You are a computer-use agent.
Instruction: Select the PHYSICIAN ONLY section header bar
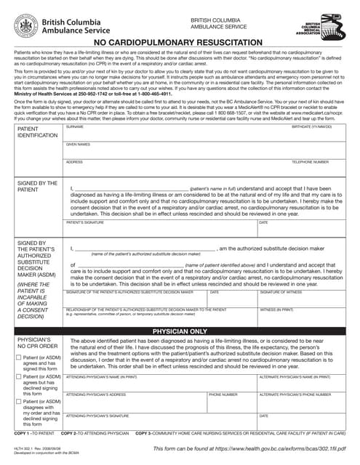[180, 331]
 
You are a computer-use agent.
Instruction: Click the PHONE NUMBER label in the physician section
[223, 395]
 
